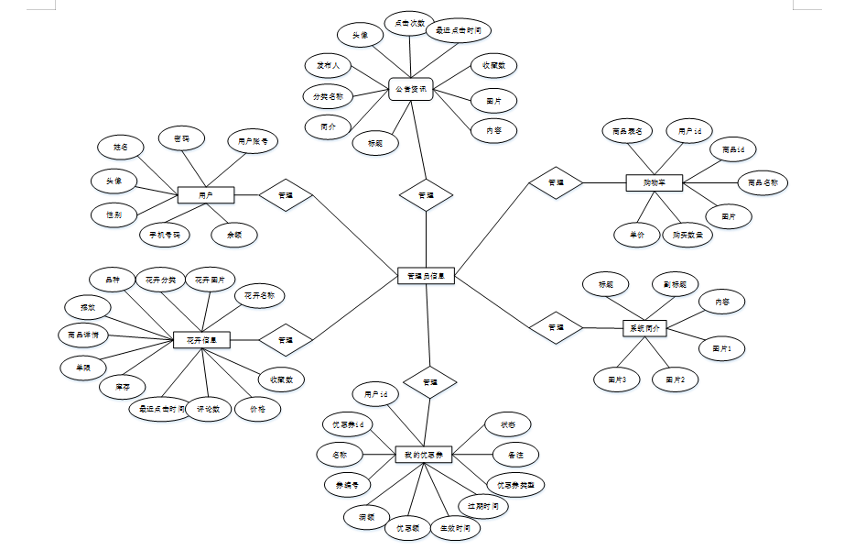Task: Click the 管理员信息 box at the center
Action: coord(427,275)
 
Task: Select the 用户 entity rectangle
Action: coord(206,194)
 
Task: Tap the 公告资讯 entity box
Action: coord(409,90)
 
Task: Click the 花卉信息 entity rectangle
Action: coord(201,340)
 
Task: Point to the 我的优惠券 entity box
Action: coord(424,454)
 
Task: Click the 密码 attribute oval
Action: coord(181,138)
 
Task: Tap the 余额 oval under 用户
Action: coord(234,235)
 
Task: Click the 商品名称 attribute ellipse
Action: coord(763,182)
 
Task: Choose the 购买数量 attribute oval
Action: coord(687,235)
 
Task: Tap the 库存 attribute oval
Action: coord(122,387)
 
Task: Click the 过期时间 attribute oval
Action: coord(482,506)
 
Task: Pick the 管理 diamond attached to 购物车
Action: coord(556,182)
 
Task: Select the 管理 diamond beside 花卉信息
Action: coord(285,340)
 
